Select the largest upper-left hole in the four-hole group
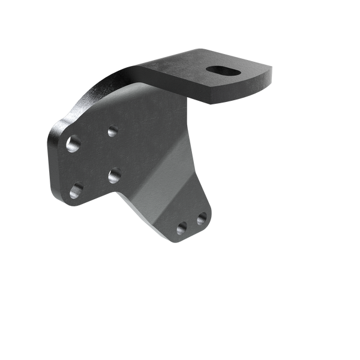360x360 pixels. point(73,144)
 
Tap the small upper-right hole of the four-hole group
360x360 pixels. point(113,130)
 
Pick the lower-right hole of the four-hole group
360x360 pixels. point(115,175)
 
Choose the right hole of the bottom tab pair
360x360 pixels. point(202,218)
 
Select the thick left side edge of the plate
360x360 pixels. point(50,162)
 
